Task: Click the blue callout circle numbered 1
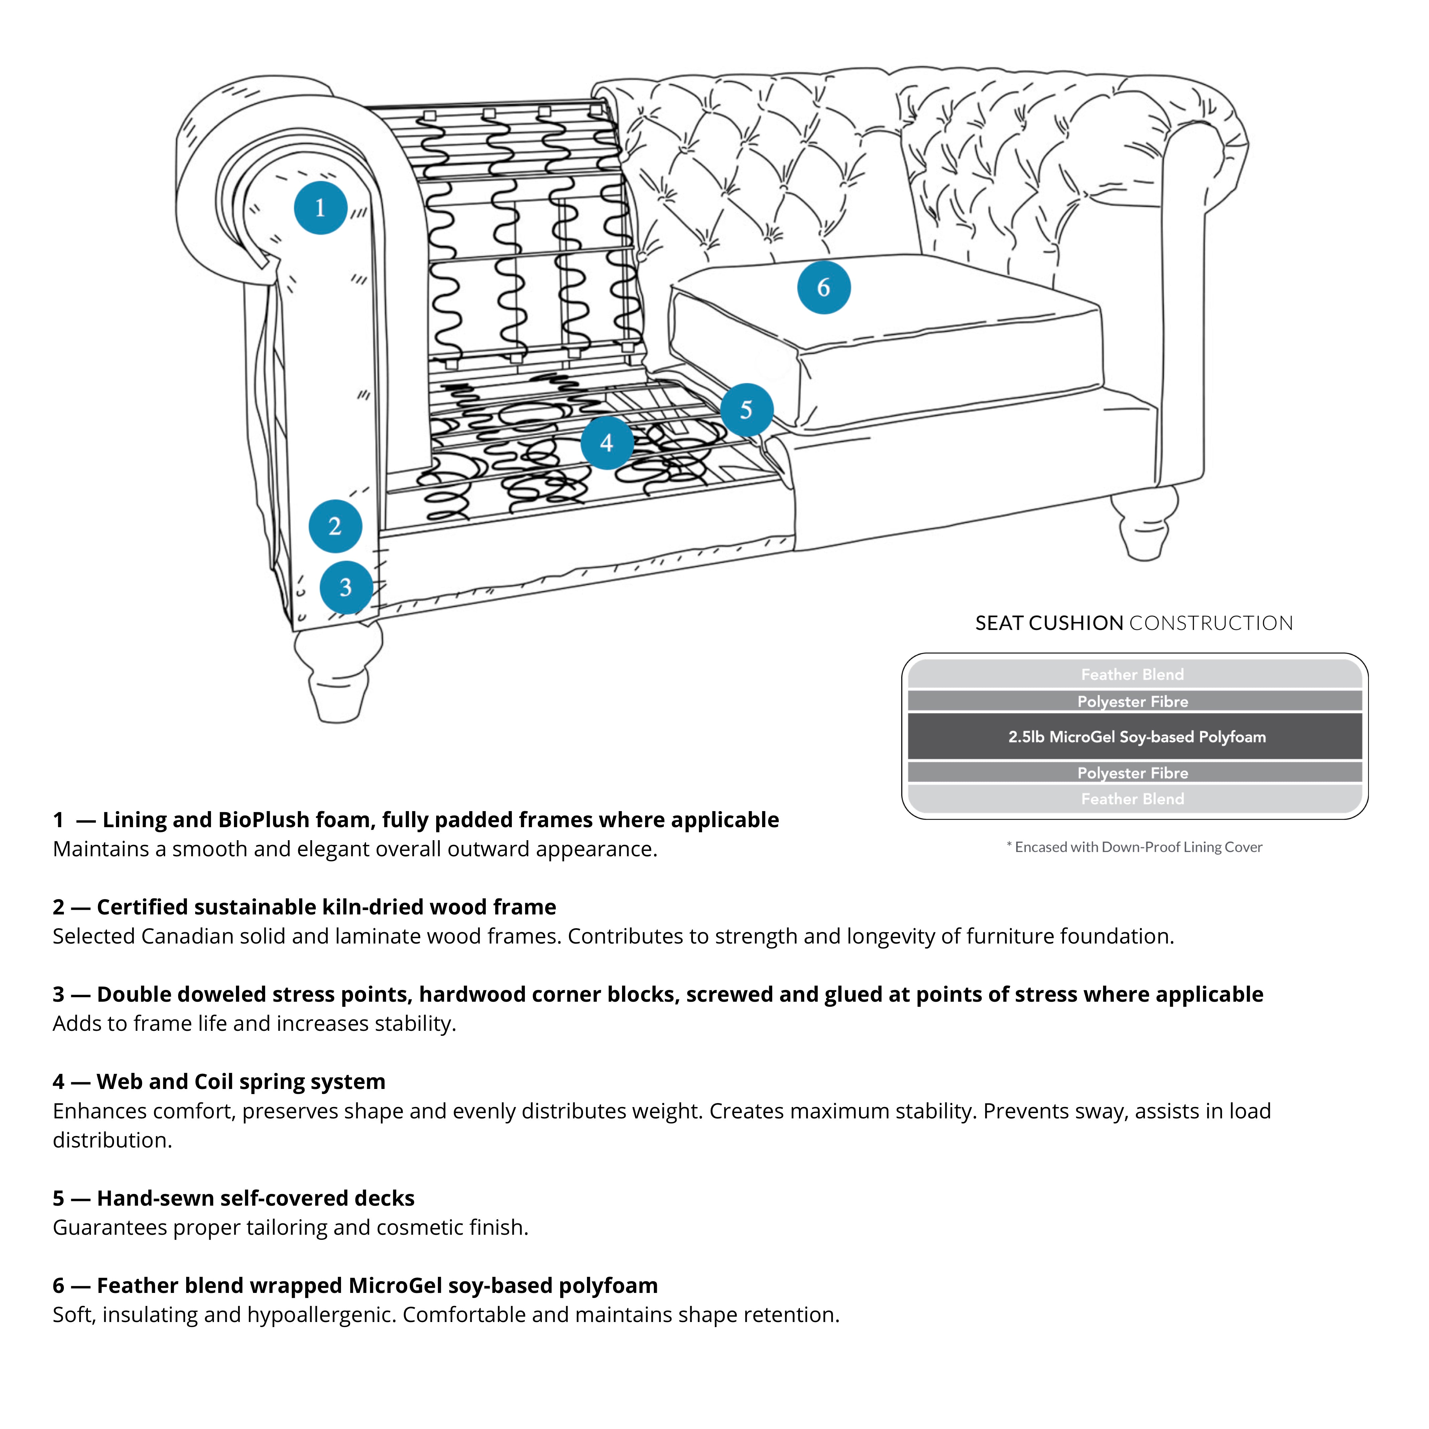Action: click(320, 208)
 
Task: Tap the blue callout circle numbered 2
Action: click(335, 527)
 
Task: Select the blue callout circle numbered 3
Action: click(345, 587)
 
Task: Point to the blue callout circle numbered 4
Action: click(606, 443)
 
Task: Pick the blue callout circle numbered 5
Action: click(746, 410)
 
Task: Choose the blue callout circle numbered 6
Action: click(823, 288)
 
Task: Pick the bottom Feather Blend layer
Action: click(1133, 799)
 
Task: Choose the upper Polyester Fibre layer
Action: click(1133, 701)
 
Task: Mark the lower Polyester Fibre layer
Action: click(1133, 773)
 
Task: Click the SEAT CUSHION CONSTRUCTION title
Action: click(1133, 624)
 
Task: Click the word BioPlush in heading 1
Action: click(263, 819)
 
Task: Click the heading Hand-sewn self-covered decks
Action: click(255, 1198)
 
